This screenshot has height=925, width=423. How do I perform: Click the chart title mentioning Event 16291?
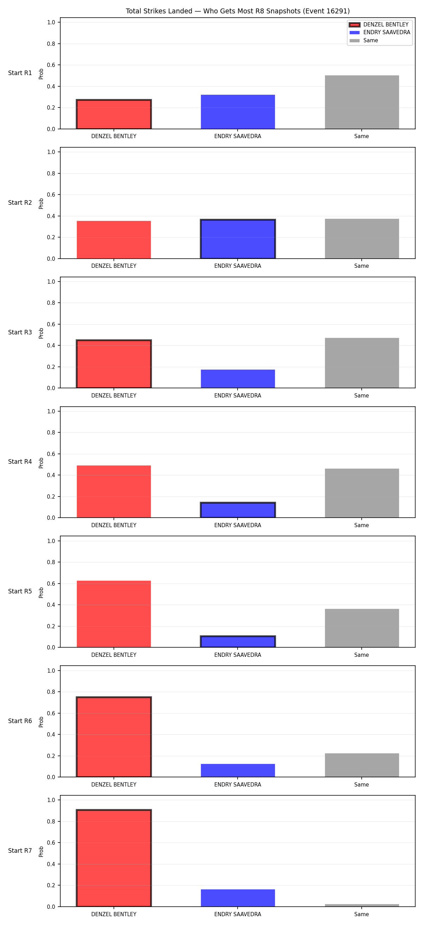click(x=237, y=11)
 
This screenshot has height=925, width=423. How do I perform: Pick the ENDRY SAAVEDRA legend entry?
click(x=380, y=32)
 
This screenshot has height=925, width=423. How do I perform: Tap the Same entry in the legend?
click(x=364, y=40)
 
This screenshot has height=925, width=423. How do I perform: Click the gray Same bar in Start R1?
click(x=362, y=102)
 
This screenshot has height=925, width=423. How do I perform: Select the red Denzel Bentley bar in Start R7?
click(x=114, y=858)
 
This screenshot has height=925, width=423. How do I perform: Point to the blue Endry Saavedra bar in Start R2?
click(x=238, y=239)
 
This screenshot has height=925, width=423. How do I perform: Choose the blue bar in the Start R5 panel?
click(x=238, y=641)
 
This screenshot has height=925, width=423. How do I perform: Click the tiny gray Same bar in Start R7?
click(x=362, y=905)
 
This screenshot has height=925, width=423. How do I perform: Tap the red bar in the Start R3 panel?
click(x=114, y=364)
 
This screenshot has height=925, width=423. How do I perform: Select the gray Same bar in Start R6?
click(x=362, y=765)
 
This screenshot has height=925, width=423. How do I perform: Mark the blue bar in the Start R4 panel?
click(x=238, y=510)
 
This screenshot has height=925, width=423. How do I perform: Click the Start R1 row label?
click(x=20, y=73)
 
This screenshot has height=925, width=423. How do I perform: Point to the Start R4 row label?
click(x=20, y=462)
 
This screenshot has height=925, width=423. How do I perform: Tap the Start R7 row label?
click(x=20, y=851)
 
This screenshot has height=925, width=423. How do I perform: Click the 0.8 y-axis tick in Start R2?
click(x=51, y=173)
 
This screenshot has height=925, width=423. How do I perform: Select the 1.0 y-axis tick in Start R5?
click(x=51, y=541)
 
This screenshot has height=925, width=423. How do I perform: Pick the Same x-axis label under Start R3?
click(x=361, y=396)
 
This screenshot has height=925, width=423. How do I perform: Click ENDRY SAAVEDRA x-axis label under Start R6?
click(x=238, y=785)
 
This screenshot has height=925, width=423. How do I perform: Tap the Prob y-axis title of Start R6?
click(x=41, y=722)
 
